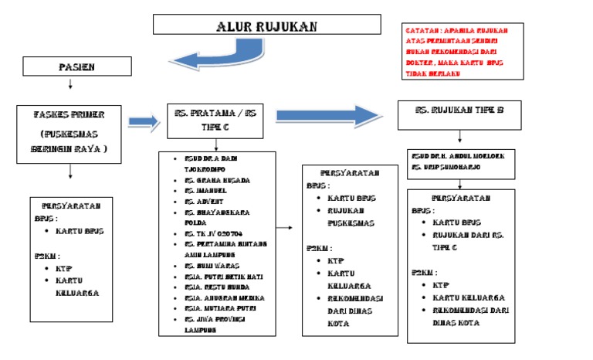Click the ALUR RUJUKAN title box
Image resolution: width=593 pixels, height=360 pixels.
266,24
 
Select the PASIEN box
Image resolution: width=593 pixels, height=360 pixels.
77,67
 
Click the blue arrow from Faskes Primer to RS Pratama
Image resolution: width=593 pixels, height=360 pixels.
143,121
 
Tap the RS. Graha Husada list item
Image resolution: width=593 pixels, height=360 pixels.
217,180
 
